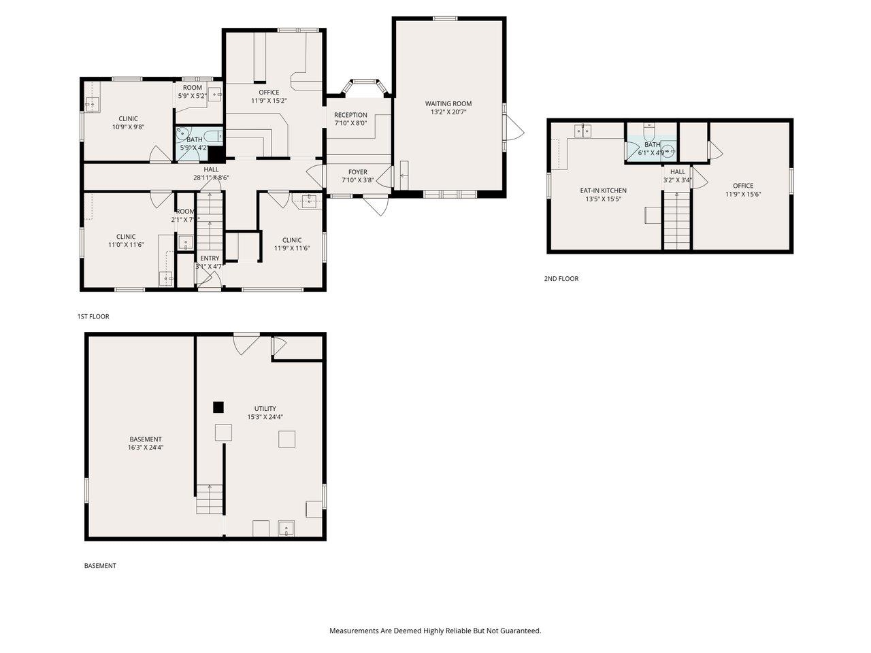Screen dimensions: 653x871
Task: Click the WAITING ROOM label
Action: pos(448,103)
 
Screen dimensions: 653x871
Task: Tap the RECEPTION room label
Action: pos(350,115)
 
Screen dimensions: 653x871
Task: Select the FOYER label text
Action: pos(358,172)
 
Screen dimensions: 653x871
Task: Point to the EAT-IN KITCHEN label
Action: pos(603,190)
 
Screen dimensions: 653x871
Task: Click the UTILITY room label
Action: pos(265,408)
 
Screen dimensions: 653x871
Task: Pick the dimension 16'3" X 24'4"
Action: pos(146,448)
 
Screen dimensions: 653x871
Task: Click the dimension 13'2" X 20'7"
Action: pos(448,112)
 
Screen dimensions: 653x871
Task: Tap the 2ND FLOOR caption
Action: pos(561,278)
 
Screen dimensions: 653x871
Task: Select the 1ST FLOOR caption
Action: pos(93,316)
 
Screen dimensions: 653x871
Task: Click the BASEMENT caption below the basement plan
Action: pos(100,565)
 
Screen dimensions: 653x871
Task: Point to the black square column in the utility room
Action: pos(218,407)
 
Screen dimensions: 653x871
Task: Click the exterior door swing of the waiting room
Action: pos(515,127)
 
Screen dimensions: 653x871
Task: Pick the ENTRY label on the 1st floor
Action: pos(210,258)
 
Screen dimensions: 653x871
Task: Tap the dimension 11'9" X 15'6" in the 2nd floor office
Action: pos(743,194)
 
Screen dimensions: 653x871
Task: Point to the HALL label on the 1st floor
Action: pos(211,169)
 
